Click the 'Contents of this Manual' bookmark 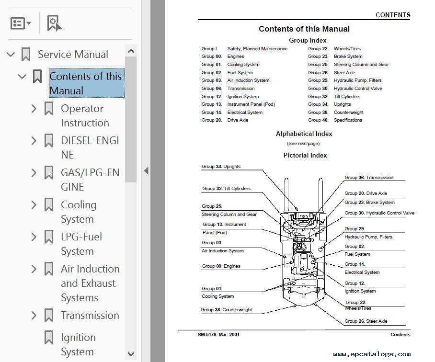(85, 83)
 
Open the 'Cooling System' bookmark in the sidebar (79, 212)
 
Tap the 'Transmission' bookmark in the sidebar (90, 315)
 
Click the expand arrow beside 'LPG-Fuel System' (34, 237)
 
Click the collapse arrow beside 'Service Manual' (11, 54)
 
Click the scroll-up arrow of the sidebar (131, 51)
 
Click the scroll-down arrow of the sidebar (131, 354)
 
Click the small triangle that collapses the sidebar (146, 170)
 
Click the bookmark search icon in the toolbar (54, 23)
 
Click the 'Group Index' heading (308, 41)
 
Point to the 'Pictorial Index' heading (305, 155)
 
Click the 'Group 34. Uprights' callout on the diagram (221, 167)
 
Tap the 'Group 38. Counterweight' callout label (227, 310)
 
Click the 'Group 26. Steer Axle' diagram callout (366, 321)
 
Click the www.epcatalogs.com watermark (372, 354)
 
